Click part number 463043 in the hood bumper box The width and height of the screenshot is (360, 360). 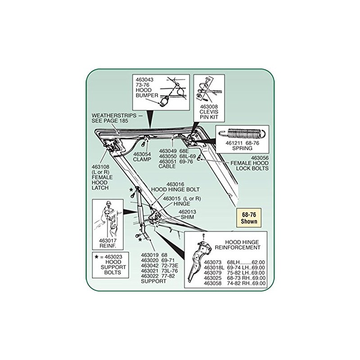coord(144,80)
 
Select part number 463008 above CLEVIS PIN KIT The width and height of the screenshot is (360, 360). coord(209,107)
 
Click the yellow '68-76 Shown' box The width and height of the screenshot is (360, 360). coord(249,218)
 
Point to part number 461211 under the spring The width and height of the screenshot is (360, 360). coord(234,143)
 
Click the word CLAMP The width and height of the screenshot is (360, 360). coord(142,160)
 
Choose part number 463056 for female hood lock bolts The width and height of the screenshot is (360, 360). coord(260,158)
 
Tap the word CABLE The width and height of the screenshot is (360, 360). coord(167,166)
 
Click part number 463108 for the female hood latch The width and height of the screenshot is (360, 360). coord(100,167)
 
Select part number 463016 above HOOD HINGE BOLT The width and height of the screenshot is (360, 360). coord(175,184)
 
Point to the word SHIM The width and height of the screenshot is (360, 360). coord(187,217)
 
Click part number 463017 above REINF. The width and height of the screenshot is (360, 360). coord(108,241)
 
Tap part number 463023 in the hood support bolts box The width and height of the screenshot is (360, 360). coord(113,257)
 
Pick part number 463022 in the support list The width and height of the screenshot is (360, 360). coord(150,276)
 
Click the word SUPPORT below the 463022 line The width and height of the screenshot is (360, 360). coord(153,281)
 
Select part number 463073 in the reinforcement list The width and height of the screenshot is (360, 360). coord(212,262)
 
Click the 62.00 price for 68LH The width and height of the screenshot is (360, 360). coord(258,262)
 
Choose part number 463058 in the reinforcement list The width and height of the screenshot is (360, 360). coord(212,283)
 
